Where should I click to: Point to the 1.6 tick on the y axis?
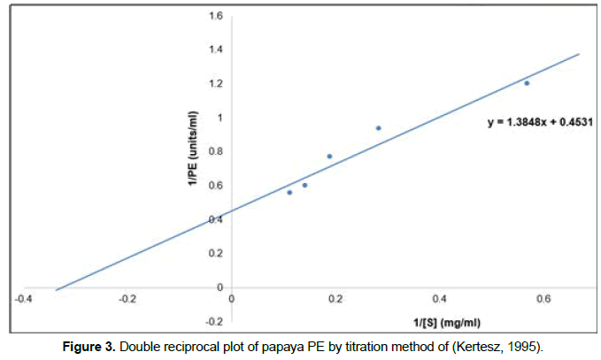point(216,17)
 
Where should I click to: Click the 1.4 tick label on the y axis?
point(216,50)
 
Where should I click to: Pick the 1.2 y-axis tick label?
point(216,84)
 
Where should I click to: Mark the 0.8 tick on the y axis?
point(216,151)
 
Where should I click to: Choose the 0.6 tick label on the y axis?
point(216,186)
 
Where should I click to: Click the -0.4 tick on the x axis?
point(24,299)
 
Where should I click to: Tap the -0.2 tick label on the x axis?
point(127,299)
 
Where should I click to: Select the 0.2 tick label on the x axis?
point(335,299)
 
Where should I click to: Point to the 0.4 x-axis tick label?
point(439,299)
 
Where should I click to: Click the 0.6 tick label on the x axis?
point(543,299)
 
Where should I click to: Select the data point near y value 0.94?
point(378,128)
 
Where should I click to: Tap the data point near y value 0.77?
point(329,157)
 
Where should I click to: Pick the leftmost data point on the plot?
point(289,192)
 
